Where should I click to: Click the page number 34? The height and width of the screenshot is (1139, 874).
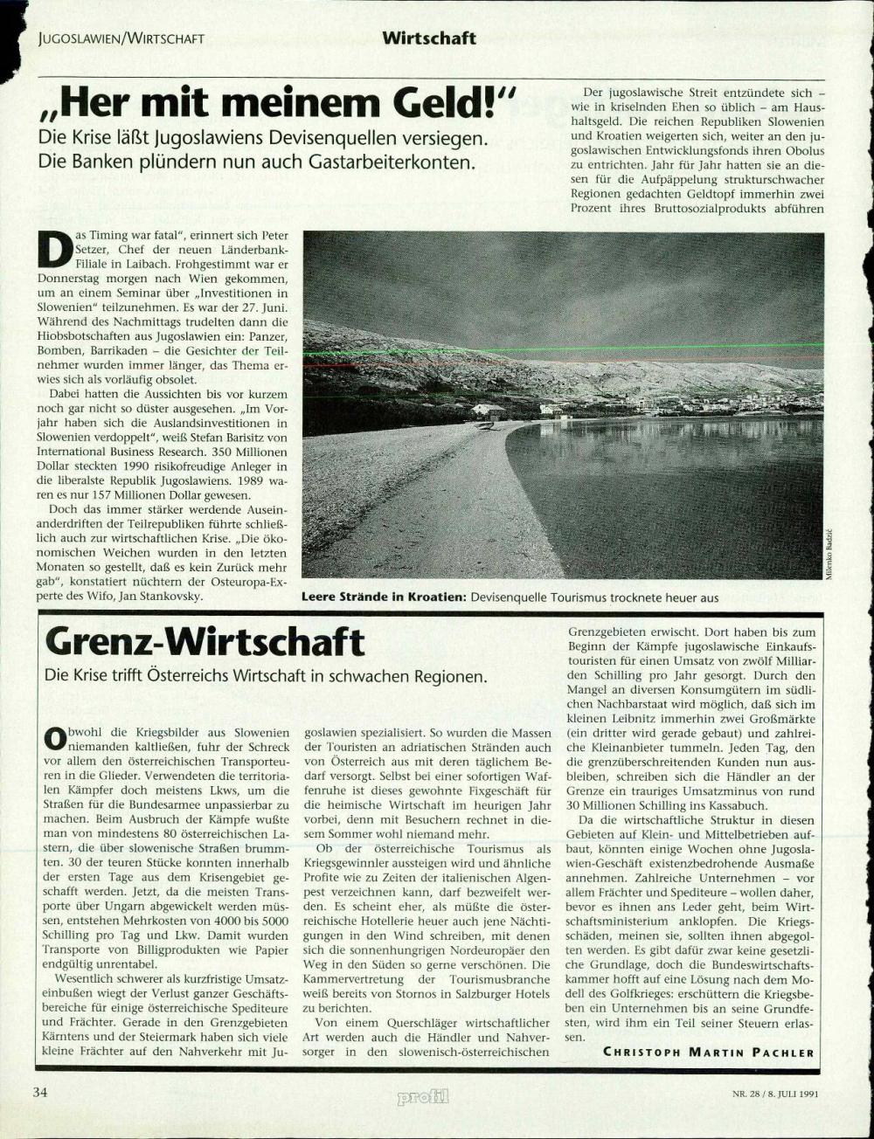[x=39, y=1093]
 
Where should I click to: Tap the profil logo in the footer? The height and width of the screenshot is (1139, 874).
[x=423, y=1096]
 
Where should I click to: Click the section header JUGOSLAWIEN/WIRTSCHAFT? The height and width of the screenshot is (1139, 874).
[x=121, y=38]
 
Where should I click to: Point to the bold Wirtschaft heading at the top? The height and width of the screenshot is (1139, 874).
[x=428, y=38]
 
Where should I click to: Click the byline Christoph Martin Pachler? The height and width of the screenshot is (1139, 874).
[x=708, y=1052]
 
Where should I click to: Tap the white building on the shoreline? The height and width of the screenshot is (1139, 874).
[x=489, y=411]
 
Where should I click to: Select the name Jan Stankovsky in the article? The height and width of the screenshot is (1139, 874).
[x=164, y=596]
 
